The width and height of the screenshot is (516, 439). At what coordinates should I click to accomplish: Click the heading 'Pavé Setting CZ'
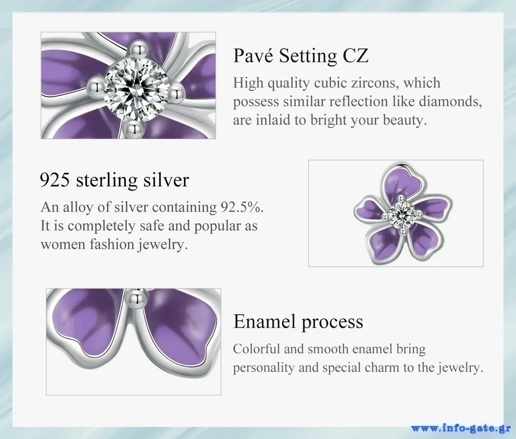pyautogui.click(x=301, y=55)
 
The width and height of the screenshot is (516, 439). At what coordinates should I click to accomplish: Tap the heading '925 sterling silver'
pyautogui.click(x=114, y=180)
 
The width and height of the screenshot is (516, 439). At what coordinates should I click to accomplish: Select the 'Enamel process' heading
pyautogui.click(x=298, y=321)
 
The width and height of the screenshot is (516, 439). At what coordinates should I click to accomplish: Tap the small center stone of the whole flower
pyautogui.click(x=401, y=215)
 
